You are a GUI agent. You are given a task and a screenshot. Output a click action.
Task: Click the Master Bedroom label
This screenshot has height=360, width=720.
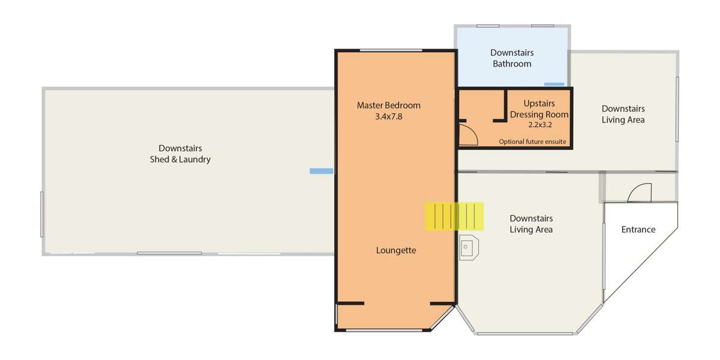point(388,106)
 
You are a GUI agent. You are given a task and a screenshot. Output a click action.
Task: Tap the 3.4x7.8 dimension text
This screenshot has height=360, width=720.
point(388,117)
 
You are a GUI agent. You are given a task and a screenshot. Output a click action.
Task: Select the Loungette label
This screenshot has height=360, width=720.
point(396,251)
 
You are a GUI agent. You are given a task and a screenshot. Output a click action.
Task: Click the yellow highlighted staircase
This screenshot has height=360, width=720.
point(454,217)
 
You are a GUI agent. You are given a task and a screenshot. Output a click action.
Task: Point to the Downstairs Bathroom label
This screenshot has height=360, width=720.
point(512,58)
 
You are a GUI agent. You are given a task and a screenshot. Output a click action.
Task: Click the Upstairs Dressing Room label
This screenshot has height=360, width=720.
point(539,109)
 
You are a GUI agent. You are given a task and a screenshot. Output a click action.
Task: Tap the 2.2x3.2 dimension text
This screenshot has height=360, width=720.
point(539,125)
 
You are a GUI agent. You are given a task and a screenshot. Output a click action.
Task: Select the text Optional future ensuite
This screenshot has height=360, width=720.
point(532,142)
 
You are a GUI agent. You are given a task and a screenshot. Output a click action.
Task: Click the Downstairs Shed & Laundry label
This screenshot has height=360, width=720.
point(180,154)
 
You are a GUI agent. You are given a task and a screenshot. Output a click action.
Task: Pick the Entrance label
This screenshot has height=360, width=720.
point(638,230)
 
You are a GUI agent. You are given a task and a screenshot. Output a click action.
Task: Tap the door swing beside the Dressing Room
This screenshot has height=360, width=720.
point(467,137)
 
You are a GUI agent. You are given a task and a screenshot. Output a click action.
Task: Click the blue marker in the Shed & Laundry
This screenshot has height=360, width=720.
point(321,172)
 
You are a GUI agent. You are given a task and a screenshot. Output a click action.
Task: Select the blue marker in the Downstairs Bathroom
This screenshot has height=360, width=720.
point(554,85)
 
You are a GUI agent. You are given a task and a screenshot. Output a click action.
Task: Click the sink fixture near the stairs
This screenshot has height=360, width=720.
point(469,247)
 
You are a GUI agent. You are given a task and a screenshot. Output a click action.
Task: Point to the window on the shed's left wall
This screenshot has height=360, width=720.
point(42,214)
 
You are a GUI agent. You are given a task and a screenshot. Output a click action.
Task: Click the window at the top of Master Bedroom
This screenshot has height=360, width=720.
point(391,50)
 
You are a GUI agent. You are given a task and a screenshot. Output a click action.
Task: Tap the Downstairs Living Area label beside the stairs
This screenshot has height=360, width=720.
point(531,224)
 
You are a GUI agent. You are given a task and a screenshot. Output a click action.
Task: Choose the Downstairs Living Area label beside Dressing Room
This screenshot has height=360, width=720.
point(623,114)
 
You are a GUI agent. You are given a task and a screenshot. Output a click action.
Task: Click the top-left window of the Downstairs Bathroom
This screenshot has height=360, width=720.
point(488,26)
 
